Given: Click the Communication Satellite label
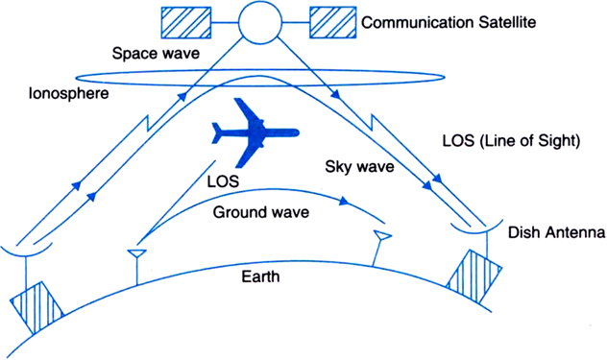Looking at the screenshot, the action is pos(449,22).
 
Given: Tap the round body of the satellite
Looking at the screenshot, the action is pos(259,22).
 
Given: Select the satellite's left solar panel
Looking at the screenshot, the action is pos(186,22).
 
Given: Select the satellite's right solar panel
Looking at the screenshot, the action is pos(333,22).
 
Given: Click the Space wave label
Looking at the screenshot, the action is pos(156,54).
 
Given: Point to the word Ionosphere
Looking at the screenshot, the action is pos(68,93).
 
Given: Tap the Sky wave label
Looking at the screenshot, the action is pos(359,167).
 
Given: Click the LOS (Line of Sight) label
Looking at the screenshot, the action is pos(511,141).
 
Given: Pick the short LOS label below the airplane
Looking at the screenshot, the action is pos(223,181).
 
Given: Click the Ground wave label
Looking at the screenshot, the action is pos(261,212).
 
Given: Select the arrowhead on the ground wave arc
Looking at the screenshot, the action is pos(344,202).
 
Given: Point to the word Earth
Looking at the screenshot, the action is pos(260,276).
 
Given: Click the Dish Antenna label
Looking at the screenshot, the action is pos(556,232).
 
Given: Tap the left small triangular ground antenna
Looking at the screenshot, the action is pos(137,253).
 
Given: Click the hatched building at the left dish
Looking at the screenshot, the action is pos(36,307).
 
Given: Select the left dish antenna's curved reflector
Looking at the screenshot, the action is pos(26,252).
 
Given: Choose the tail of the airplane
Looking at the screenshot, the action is pos(219,133).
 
